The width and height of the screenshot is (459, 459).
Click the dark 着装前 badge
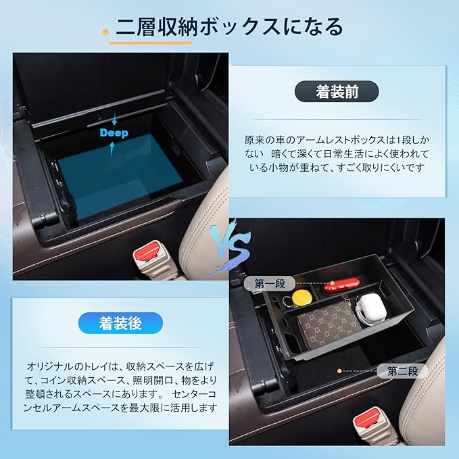coord(337,92)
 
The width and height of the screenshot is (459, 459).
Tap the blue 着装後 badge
coord(120,323)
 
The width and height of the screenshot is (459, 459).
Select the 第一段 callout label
coord(269,283)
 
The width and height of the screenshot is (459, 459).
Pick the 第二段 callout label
coord(402,371)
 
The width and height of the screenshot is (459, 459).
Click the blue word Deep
coord(114,133)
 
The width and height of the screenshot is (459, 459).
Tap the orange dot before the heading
coord(105,32)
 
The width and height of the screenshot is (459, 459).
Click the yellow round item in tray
coord(301,297)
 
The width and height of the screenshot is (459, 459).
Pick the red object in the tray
coord(341,284)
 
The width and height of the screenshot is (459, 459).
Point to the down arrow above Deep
coord(114,118)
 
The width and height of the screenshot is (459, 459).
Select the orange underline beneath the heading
coord(151,43)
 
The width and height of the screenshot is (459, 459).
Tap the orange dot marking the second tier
coord(339,371)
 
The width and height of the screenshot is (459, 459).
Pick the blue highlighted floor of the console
coord(120,174)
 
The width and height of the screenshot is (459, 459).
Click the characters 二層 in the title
coord(136,27)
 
